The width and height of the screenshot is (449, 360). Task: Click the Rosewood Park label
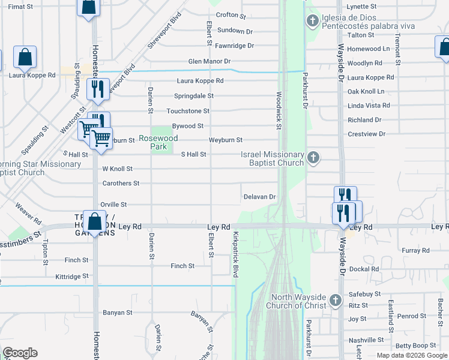click(x=158, y=142)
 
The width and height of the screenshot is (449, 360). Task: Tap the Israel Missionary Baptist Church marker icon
click(x=312, y=158)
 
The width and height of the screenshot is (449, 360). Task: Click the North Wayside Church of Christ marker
click(x=336, y=298)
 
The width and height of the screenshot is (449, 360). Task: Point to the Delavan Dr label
click(x=259, y=197)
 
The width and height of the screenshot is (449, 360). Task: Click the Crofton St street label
click(x=231, y=15)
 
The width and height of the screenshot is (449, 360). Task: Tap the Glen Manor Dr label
click(x=209, y=61)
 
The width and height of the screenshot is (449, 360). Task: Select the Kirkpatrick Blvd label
click(x=236, y=254)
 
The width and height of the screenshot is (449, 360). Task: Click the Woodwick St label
click(x=279, y=110)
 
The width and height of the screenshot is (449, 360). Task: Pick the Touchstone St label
click(x=188, y=111)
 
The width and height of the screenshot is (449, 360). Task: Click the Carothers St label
click(x=121, y=183)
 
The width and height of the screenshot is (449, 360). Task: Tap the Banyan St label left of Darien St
click(x=117, y=313)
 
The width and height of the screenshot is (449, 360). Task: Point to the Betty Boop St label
click(x=415, y=346)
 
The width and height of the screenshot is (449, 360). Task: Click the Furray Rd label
click(x=417, y=250)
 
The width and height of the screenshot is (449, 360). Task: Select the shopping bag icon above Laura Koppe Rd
click(x=25, y=58)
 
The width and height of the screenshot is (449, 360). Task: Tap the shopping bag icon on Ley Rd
click(x=95, y=221)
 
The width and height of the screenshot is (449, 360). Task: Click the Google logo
click(x=20, y=353)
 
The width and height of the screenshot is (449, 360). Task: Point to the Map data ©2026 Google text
click(x=412, y=355)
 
